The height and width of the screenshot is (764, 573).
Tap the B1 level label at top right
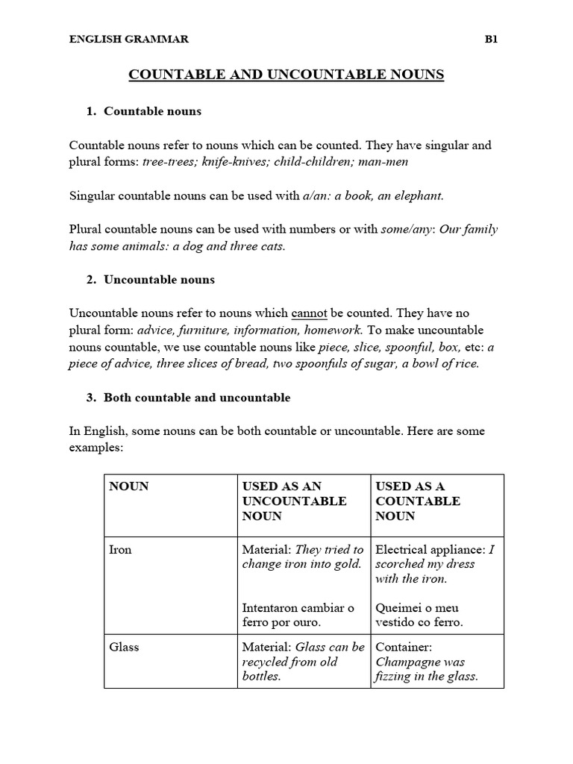click(491, 40)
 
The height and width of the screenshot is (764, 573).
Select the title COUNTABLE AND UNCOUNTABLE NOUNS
click(286, 75)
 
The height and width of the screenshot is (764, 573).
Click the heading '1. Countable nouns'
click(144, 111)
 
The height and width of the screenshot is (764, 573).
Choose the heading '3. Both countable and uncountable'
click(188, 398)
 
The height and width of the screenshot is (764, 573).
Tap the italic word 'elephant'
click(419, 195)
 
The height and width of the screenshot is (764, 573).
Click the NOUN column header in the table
click(129, 486)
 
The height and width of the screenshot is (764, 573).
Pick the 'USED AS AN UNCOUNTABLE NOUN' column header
click(294, 501)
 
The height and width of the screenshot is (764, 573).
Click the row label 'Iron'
click(120, 549)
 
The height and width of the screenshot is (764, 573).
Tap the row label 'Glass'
click(124, 647)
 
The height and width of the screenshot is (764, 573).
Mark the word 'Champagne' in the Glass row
click(409, 662)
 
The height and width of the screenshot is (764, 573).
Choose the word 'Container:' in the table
click(404, 647)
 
